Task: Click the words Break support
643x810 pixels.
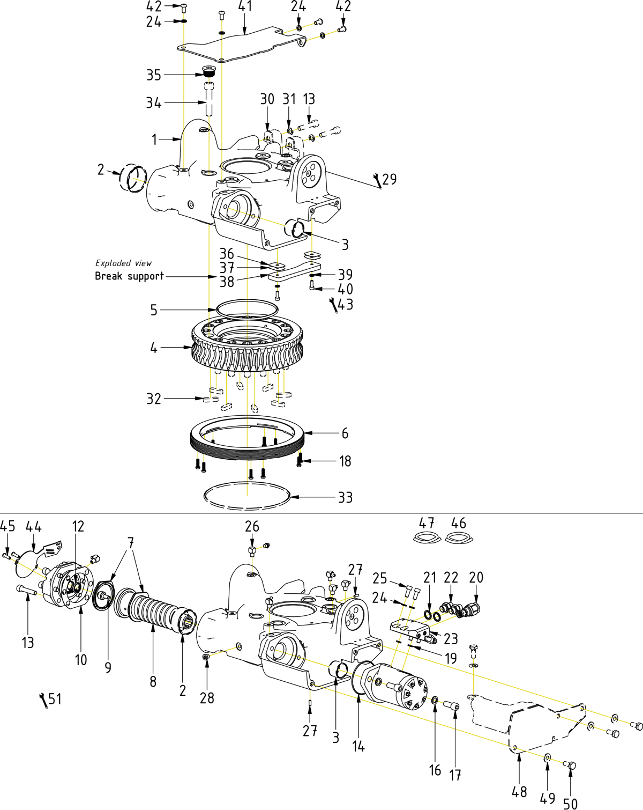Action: click(x=129, y=276)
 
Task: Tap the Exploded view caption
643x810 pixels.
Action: click(x=123, y=263)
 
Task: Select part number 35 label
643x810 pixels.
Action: click(x=154, y=75)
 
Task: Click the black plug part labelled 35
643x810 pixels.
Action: click(x=208, y=71)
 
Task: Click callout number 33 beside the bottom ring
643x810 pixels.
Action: click(x=345, y=498)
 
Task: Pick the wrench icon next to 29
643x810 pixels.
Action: click(x=377, y=181)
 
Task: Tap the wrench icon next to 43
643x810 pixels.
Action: click(x=333, y=305)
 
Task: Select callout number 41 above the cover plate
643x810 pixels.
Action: click(x=245, y=6)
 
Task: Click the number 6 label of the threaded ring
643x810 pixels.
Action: click(x=345, y=433)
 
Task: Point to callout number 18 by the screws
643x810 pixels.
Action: click(x=345, y=461)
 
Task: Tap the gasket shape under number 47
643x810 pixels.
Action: click(x=427, y=537)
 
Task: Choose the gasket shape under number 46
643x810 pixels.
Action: click(x=458, y=537)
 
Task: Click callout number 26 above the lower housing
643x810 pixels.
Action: click(x=252, y=527)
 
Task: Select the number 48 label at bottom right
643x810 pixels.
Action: click(x=519, y=792)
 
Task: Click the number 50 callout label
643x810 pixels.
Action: click(x=571, y=804)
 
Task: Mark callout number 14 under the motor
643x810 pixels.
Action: click(x=358, y=746)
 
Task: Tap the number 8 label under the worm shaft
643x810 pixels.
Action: click(x=153, y=681)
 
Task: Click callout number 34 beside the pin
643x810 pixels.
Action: click(x=154, y=103)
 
